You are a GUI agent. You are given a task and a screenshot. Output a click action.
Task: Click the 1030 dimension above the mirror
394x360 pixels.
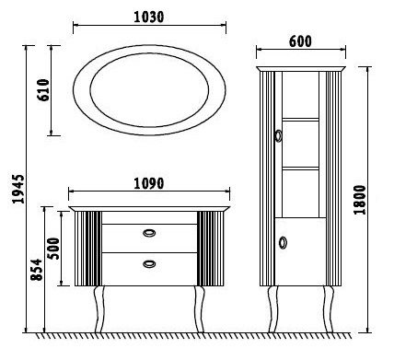[149, 17]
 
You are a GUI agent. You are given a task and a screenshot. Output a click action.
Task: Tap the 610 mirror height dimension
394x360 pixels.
[43, 90]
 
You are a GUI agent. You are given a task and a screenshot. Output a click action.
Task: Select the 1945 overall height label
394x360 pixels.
[18, 189]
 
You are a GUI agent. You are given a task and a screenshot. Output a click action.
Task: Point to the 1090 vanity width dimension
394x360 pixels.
[149, 183]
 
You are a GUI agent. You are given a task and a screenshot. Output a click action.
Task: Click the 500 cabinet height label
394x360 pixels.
[54, 249]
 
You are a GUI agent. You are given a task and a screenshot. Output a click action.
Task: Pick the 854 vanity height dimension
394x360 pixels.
[36, 270]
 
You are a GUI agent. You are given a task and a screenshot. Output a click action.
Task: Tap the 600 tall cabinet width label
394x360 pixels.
[300, 41]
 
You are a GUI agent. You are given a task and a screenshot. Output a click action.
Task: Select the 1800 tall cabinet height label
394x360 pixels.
[360, 200]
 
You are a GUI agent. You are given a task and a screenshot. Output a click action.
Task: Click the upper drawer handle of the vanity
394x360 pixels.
[149, 233]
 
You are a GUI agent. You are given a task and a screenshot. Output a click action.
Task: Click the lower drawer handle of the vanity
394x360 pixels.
[149, 263]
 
